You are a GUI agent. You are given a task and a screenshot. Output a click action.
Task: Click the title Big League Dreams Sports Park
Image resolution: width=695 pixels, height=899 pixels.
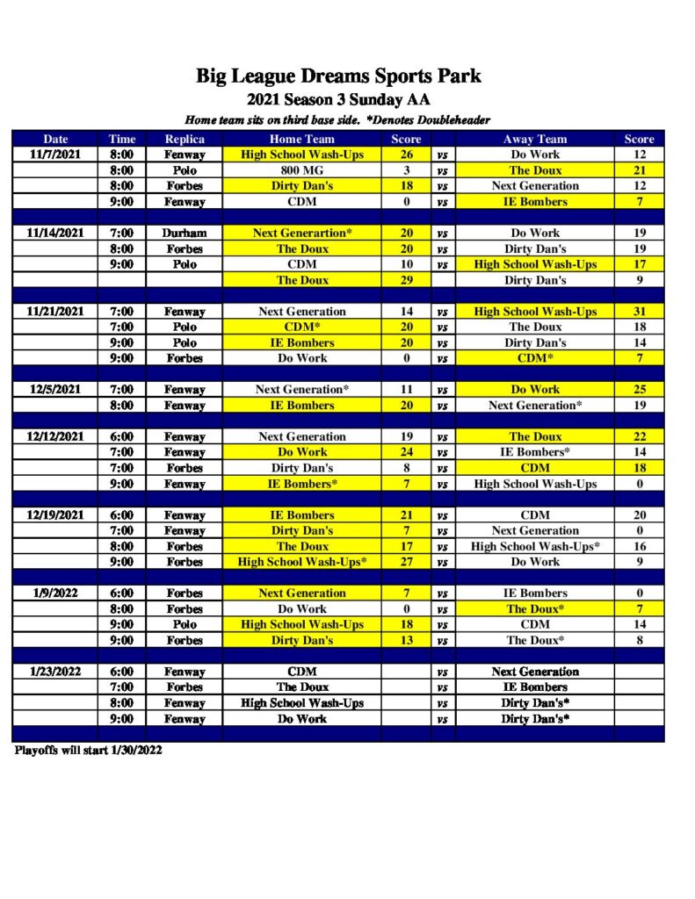338,76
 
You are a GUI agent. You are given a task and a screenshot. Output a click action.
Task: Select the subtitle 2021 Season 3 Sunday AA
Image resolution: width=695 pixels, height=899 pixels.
338,99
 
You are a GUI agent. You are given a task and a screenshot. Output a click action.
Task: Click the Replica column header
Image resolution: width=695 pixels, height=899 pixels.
185,139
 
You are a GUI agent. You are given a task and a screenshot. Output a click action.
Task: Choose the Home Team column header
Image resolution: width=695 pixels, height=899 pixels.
301,139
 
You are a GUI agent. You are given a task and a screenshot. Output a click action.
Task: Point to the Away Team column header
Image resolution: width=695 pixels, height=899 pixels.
534,139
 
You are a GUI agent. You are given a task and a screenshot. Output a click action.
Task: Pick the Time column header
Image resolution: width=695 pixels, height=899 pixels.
122,139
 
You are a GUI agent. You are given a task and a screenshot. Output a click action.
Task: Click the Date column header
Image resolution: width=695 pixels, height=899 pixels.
55,139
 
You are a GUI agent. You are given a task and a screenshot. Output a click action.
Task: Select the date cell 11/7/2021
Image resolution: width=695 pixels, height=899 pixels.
55,155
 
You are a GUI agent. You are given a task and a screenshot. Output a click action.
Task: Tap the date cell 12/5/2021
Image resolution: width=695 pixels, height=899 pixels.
55,389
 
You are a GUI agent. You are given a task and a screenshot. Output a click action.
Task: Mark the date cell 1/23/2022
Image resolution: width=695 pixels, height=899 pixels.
55,672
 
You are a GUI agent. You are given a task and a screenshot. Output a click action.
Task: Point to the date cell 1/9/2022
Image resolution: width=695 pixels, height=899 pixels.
55,593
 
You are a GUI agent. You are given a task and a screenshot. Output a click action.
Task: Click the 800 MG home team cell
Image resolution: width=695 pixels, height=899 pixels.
301,170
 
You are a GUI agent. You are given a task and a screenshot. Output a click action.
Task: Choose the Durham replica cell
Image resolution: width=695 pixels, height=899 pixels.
185,233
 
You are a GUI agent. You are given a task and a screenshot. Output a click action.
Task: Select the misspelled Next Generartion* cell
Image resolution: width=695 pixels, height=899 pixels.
301,233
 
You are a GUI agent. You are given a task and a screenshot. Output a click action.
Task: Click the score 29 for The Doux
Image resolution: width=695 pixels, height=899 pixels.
407,280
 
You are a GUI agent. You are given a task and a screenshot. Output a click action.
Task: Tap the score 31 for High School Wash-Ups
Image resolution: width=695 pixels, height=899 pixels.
639,312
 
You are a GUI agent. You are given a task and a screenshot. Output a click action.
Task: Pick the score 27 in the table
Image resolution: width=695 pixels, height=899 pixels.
407,562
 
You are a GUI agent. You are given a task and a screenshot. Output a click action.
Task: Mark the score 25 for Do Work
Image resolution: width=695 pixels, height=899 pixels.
639,389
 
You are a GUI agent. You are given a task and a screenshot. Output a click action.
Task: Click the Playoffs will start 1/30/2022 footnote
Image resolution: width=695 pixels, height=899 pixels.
88,751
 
